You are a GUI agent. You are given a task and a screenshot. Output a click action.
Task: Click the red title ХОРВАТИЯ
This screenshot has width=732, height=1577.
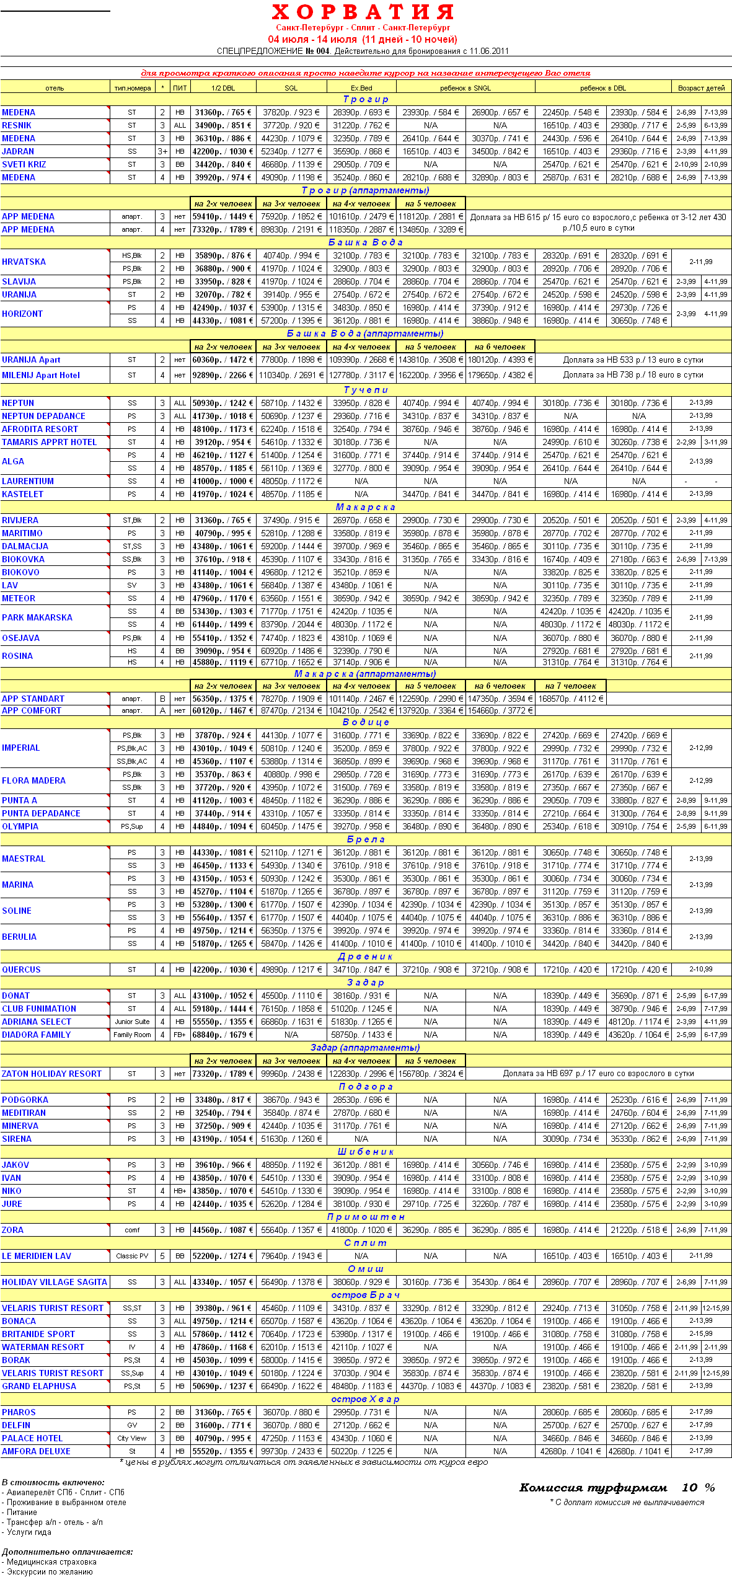point(363,12)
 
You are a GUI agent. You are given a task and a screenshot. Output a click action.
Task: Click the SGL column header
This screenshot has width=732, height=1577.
point(291,88)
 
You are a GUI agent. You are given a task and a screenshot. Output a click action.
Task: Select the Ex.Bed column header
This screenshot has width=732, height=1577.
point(361,88)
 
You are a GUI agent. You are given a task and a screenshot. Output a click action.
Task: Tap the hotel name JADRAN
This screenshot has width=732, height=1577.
point(18,151)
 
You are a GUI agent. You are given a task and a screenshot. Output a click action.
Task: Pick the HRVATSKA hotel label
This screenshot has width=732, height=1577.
point(24,262)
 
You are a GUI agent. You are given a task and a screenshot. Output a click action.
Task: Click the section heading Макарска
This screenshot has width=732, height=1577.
point(366,507)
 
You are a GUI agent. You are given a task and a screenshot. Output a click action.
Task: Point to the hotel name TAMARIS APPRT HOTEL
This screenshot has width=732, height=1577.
point(49,442)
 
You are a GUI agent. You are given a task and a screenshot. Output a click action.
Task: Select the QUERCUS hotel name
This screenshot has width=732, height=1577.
point(21,970)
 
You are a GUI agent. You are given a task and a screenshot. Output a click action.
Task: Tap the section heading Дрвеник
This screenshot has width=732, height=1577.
point(366,956)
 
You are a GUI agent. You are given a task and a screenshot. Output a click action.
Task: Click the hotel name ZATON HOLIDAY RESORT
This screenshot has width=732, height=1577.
point(51,1074)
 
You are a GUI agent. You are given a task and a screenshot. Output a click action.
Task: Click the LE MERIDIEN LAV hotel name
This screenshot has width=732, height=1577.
point(37,1256)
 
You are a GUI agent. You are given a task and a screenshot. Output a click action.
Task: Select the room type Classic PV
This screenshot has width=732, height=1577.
point(132,1256)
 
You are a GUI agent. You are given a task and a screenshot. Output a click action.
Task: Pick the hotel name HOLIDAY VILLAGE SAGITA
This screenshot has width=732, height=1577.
point(55,1282)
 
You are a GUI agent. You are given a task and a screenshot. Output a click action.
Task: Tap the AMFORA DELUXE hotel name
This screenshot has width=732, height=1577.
point(36,1451)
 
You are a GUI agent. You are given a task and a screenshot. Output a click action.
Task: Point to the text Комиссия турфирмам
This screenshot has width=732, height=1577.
point(593,1488)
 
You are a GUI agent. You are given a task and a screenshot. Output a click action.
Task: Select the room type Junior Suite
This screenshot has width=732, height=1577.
point(132,1022)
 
